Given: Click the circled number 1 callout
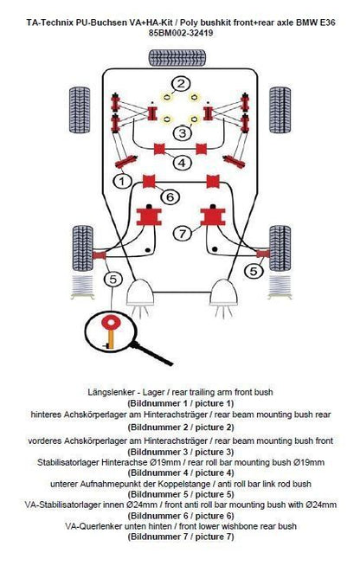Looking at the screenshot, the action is [x=122, y=181].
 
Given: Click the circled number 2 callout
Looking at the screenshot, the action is [x=181, y=83].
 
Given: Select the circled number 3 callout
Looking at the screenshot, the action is [x=183, y=132].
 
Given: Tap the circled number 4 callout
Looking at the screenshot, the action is [x=182, y=162].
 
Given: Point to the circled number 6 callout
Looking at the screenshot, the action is [x=170, y=196].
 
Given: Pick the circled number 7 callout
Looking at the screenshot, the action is [x=183, y=233].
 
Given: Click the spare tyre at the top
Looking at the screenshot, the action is [x=177, y=58].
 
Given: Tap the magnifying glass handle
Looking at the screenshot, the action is [x=151, y=353].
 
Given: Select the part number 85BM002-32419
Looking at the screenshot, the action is [x=181, y=33].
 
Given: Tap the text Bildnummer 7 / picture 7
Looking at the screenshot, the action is [x=181, y=537].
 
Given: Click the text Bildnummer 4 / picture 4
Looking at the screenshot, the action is [x=181, y=473].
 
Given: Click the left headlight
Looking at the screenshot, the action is [x=140, y=294].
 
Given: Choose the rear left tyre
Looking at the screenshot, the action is [x=80, y=109].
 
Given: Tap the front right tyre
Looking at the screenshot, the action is [x=280, y=248].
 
